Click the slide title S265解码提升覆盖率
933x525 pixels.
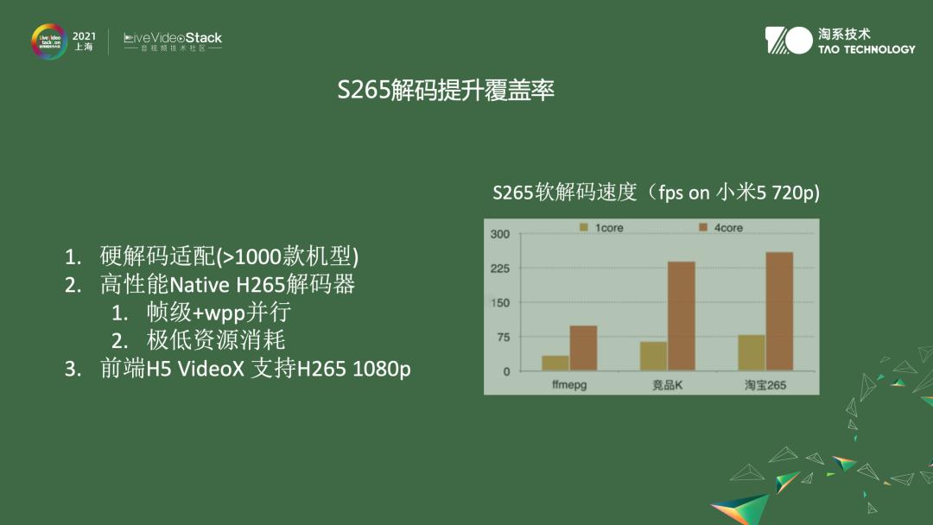(x=446, y=91)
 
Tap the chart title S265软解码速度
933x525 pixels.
(x=656, y=193)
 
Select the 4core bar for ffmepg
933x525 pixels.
(x=583, y=348)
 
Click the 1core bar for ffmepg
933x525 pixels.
(x=555, y=363)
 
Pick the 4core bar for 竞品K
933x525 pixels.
(x=681, y=316)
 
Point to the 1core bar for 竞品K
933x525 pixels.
(x=653, y=356)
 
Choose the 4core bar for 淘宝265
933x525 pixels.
(x=778, y=311)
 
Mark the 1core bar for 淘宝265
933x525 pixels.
(x=751, y=352)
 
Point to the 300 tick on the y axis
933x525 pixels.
(x=499, y=234)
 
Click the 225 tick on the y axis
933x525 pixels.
(x=499, y=269)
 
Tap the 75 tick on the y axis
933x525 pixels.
(x=501, y=337)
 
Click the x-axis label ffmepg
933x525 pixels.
(x=569, y=384)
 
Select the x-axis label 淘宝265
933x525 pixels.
(x=765, y=384)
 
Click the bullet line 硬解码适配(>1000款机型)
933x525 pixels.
(x=229, y=256)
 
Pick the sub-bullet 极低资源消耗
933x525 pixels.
(x=216, y=340)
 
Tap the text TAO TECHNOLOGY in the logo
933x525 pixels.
(x=866, y=49)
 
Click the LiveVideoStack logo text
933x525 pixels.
(x=173, y=38)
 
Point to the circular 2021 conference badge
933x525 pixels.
(x=50, y=41)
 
